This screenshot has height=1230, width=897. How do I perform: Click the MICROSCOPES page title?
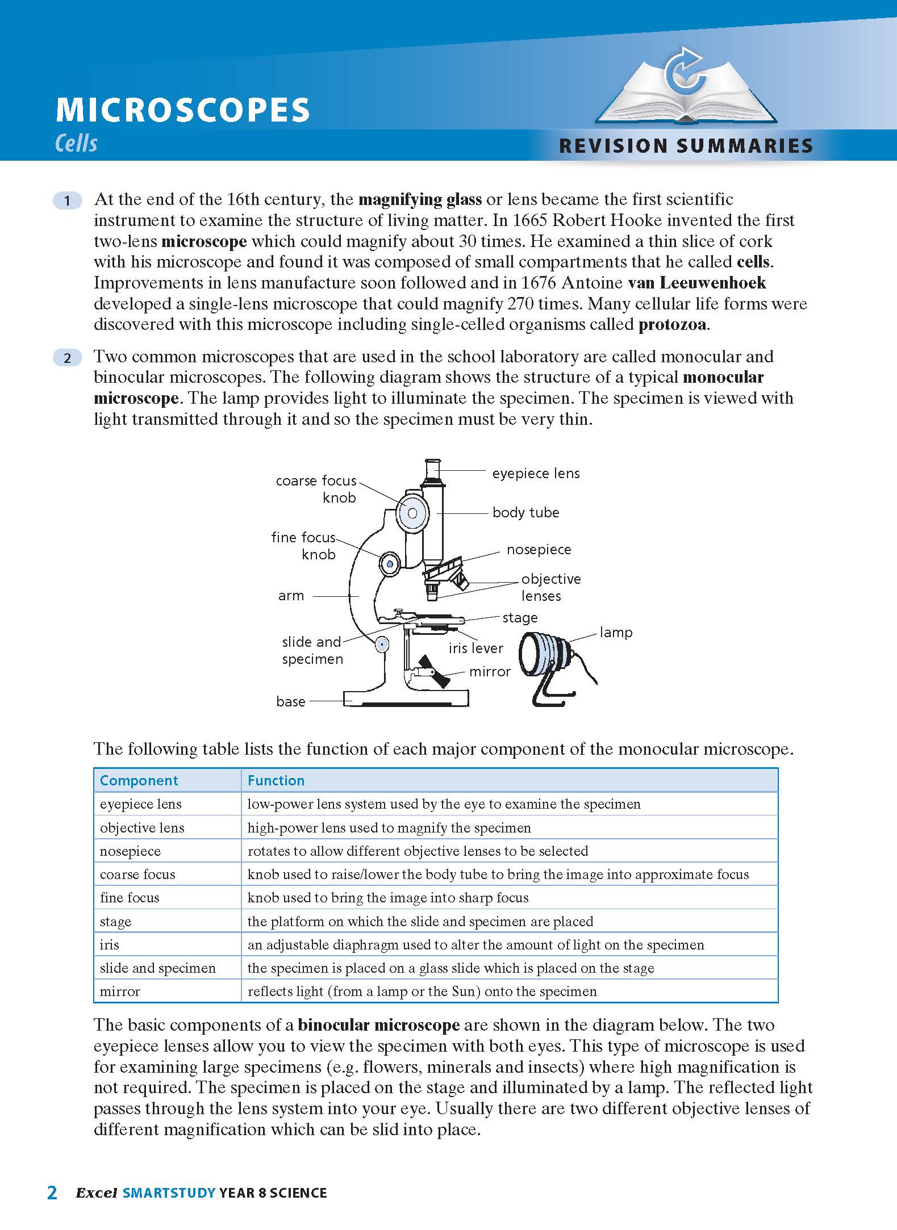(x=183, y=110)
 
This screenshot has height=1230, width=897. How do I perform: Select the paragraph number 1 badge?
(x=67, y=200)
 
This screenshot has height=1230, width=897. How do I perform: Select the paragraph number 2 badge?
(x=67, y=358)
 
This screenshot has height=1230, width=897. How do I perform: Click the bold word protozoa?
(x=673, y=325)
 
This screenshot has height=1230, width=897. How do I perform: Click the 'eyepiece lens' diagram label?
(x=536, y=474)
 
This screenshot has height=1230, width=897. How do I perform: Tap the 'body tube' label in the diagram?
(x=525, y=513)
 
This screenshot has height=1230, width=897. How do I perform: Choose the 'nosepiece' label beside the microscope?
(x=539, y=550)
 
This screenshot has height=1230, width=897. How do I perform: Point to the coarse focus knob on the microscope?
(x=412, y=513)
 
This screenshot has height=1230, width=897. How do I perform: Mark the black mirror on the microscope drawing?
(x=433, y=671)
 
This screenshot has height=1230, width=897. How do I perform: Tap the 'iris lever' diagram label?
(x=475, y=649)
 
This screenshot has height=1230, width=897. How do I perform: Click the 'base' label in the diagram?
(x=290, y=702)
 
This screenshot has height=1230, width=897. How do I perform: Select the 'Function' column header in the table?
(x=276, y=781)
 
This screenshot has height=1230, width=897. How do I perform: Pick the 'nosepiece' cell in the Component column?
(x=130, y=851)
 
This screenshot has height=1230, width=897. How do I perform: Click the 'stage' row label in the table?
(x=115, y=922)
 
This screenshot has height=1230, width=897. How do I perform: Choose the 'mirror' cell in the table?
(x=119, y=991)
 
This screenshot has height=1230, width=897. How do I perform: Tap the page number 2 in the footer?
(x=52, y=1192)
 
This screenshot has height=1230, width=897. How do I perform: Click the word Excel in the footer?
(x=97, y=1193)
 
